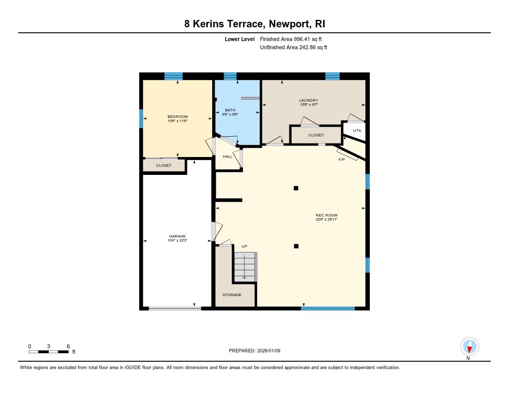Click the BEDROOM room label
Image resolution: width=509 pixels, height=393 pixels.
177,116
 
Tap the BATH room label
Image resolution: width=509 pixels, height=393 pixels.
230,110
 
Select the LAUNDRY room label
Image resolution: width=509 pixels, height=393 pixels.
308,100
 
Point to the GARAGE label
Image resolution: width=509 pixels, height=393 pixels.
177,236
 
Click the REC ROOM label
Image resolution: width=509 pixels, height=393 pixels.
327,215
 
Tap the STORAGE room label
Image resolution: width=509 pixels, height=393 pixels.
232,295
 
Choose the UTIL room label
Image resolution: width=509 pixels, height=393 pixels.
357,130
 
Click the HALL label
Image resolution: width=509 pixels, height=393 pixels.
227,157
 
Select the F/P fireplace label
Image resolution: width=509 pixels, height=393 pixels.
341,159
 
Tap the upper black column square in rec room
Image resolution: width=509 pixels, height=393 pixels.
296,188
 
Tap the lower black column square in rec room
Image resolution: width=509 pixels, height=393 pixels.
296,245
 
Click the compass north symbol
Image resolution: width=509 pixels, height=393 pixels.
469,346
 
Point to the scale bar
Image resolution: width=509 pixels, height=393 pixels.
49,352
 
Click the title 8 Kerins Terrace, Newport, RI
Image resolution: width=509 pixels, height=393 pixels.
254,24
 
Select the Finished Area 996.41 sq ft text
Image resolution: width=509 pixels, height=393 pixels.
294,39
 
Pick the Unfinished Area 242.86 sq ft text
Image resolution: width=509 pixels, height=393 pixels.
294,48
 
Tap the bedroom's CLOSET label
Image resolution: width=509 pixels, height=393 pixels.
164,165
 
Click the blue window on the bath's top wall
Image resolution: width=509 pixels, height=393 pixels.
230,76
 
